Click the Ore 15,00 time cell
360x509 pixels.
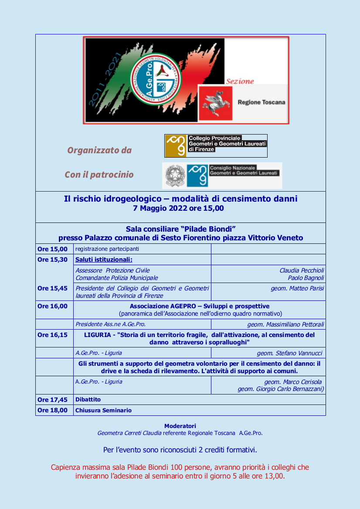pos(53,249)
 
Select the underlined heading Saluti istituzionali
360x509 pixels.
pos(104,260)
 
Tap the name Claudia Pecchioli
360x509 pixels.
pos(302,270)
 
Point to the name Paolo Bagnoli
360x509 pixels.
pos(306,278)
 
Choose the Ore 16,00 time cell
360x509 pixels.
pos(53,306)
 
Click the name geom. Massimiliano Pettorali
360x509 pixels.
pos(285,324)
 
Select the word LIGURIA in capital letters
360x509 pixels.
pos(98,335)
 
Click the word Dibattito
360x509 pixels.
pos(88,399)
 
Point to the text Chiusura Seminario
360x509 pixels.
pos(103,410)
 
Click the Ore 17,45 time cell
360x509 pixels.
pos(53,399)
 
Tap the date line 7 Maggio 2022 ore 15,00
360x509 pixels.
pos(178,209)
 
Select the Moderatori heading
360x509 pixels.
pos(180,426)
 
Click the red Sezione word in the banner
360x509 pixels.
pos(240,81)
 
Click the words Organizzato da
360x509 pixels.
pos(99,150)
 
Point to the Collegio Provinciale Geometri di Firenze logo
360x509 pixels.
pos(216,146)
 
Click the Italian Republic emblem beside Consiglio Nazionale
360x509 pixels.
pos(175,175)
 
